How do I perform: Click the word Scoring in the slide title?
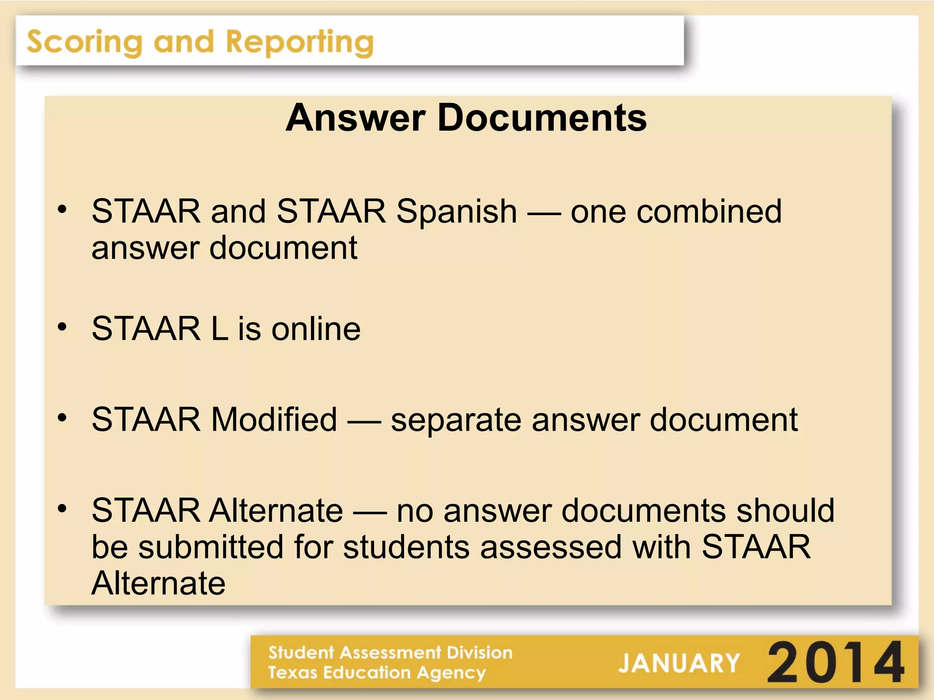[84, 42]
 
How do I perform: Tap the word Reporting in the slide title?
[300, 42]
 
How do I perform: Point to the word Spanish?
[457, 212]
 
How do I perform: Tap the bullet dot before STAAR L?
[62, 327]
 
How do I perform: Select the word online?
[316, 329]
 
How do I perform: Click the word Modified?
[274, 419]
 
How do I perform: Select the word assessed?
[551, 547]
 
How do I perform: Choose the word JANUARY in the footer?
[679, 663]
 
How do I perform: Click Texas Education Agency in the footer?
[377, 673]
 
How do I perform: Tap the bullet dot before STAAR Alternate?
[62, 508]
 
